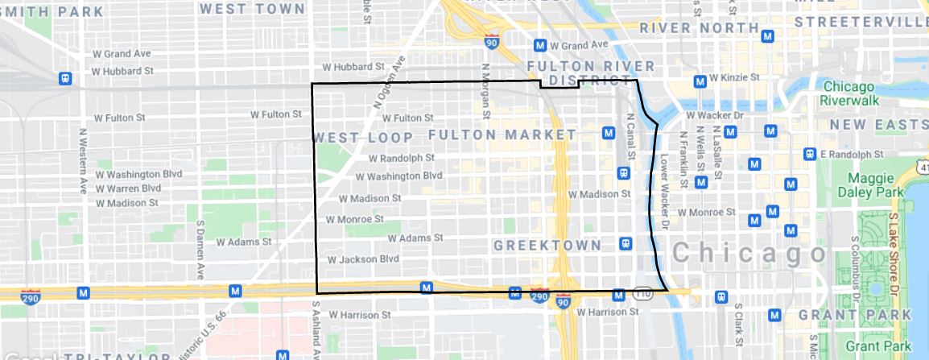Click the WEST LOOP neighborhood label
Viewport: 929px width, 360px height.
coord(363,137)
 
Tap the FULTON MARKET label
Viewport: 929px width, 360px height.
coord(502,134)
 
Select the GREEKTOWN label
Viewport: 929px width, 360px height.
coord(547,244)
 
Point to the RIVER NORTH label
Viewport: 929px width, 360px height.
coord(699,28)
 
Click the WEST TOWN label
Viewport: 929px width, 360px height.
coord(252,9)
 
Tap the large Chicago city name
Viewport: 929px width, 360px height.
coord(748,253)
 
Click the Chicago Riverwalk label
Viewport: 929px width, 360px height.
coord(855,94)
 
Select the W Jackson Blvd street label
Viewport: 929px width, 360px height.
coord(364,259)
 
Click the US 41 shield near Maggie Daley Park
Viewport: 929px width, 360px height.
coord(921,166)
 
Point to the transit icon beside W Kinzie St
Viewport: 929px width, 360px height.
coord(700,81)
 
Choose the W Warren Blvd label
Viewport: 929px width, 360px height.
coord(129,188)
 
